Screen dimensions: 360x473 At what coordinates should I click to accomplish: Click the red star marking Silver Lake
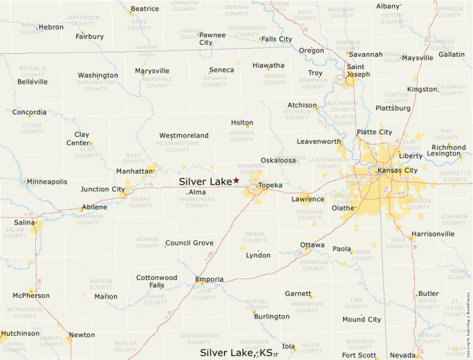236,180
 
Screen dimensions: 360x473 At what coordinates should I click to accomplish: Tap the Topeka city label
270,186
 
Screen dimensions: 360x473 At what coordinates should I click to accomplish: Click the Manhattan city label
134,171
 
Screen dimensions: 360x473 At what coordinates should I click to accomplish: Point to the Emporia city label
210,279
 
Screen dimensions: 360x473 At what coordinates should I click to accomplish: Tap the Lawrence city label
308,199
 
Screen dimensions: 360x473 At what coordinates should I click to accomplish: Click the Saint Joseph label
359,70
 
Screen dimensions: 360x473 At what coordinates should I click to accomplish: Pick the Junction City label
103,189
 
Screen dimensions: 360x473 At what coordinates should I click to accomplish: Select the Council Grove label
189,243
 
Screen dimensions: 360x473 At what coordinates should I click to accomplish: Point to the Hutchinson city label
20,333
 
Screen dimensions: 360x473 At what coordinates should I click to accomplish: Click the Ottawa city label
313,245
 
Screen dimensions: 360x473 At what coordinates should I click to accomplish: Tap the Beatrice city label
145,9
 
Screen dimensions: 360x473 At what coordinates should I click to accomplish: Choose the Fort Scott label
359,355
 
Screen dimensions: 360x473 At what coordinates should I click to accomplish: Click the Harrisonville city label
433,234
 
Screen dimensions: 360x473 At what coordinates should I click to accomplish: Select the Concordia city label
30,112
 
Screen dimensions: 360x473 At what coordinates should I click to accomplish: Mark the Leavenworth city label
319,142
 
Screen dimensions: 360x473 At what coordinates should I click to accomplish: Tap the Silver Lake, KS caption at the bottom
236,352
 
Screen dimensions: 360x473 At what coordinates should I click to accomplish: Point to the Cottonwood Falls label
156,281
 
